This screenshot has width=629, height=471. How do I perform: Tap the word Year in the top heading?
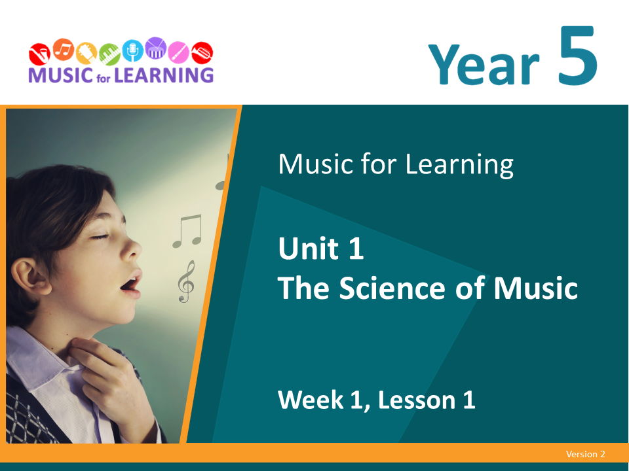[484, 64]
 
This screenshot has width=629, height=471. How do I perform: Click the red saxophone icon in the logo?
[39, 54]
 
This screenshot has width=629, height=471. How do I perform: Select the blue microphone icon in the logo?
[132, 51]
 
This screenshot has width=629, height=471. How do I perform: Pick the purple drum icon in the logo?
[155, 48]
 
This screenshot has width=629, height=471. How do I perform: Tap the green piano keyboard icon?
[109, 54]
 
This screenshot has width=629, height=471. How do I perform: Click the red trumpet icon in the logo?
[202, 53]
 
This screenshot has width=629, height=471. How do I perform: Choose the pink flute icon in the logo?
[178, 52]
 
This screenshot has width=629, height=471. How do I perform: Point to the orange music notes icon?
[64, 50]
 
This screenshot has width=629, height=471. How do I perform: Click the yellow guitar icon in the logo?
[86, 53]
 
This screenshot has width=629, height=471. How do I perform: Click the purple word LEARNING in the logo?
[164, 75]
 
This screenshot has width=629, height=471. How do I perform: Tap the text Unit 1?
[321, 249]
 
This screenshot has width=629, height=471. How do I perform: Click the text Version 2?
[585, 454]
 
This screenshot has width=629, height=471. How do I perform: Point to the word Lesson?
[417, 400]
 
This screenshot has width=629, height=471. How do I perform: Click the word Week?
[311, 400]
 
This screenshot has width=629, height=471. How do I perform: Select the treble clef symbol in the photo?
[186, 281]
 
